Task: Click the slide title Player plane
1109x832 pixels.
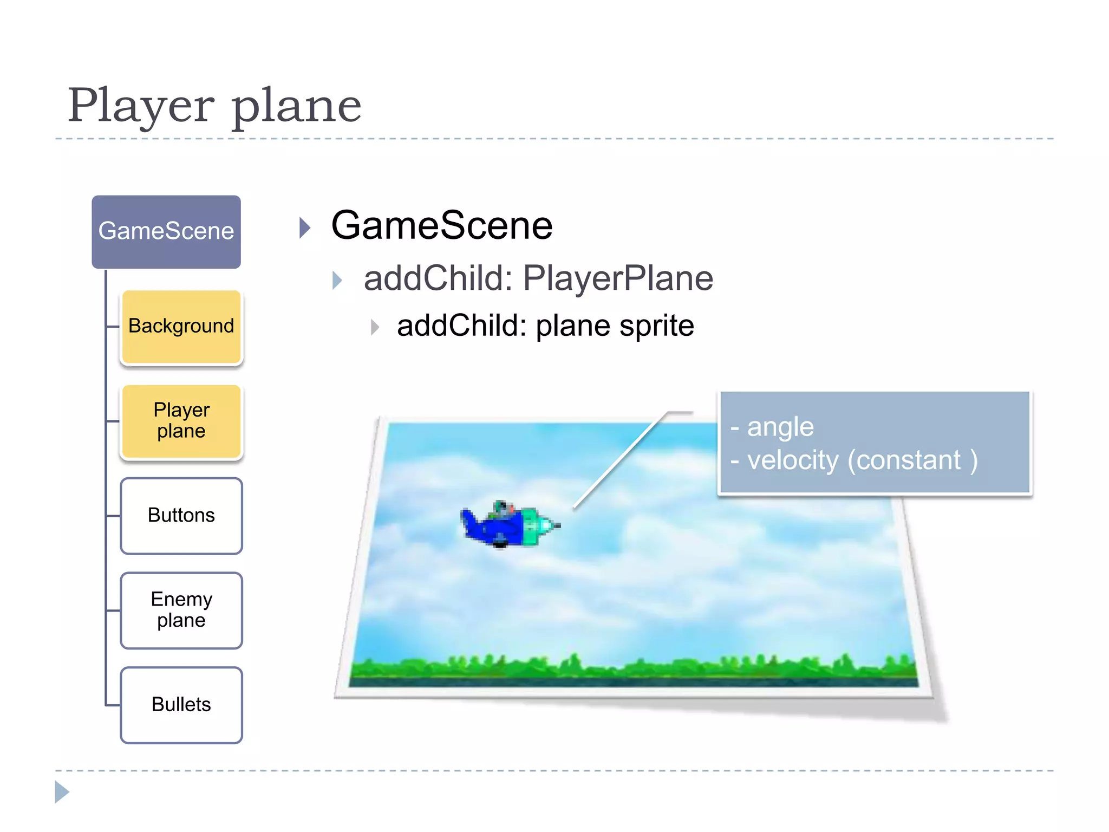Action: (x=214, y=106)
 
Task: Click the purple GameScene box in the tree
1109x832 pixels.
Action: (x=166, y=232)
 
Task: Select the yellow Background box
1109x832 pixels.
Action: (x=181, y=327)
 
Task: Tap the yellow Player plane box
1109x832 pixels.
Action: (x=181, y=421)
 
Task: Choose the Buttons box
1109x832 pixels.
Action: (x=181, y=516)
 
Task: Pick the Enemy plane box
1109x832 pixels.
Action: (x=181, y=610)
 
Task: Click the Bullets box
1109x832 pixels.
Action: (x=181, y=705)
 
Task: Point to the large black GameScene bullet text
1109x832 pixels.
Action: (x=441, y=226)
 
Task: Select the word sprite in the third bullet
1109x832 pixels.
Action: (x=656, y=326)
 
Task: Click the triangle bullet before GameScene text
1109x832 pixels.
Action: (x=305, y=228)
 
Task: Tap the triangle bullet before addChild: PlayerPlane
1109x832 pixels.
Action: (x=337, y=280)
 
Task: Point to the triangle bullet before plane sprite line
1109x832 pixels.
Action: (x=375, y=327)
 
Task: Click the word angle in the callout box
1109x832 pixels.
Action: (x=780, y=427)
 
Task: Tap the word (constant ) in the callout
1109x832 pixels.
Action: (x=912, y=460)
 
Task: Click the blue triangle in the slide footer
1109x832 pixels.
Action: (x=62, y=792)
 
